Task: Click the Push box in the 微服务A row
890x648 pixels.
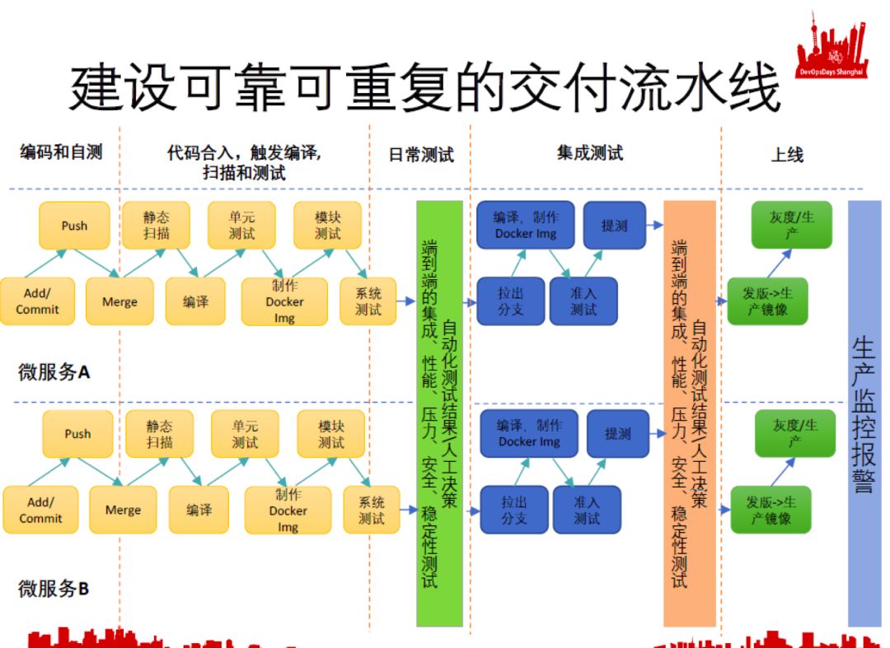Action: [74, 226]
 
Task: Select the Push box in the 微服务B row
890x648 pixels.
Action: [77, 434]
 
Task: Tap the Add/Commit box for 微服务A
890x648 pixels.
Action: [37, 301]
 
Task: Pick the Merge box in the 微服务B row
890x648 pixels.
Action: [123, 510]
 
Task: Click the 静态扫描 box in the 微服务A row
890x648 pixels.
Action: [156, 226]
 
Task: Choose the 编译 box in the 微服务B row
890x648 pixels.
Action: [199, 510]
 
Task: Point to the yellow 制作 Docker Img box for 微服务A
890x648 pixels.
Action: [284, 301]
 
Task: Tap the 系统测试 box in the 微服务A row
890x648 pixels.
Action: [368, 301]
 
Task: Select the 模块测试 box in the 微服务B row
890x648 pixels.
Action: [331, 434]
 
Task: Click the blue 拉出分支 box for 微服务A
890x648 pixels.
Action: [511, 301]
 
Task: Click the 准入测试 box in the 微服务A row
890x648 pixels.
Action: [583, 301]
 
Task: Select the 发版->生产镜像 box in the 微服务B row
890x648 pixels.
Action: [771, 510]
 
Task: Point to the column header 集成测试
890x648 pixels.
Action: [590, 152]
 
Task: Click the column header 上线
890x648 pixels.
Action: [787, 155]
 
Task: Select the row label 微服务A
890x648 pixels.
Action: [54, 372]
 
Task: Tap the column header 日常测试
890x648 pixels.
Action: [421, 155]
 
